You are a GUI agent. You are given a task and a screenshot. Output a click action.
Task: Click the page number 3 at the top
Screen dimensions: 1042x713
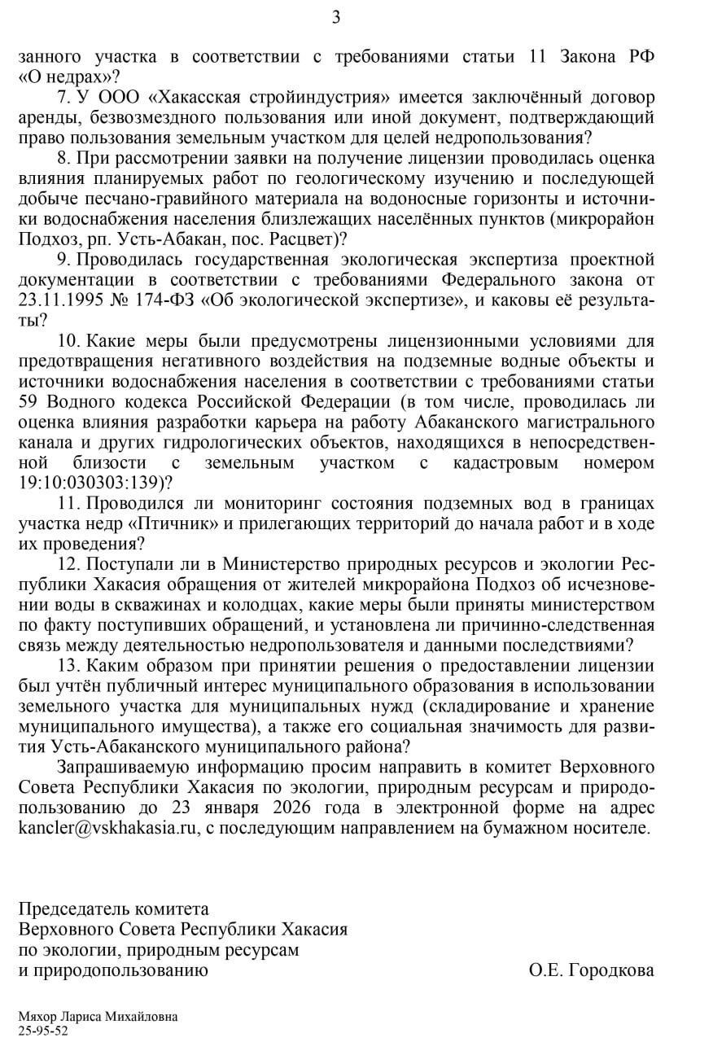point(336,17)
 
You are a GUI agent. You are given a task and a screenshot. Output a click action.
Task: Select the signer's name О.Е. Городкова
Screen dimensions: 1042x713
point(590,970)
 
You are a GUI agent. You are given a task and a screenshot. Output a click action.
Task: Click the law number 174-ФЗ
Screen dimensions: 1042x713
point(157,300)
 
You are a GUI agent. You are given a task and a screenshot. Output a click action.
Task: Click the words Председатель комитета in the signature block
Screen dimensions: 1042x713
point(113,909)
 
